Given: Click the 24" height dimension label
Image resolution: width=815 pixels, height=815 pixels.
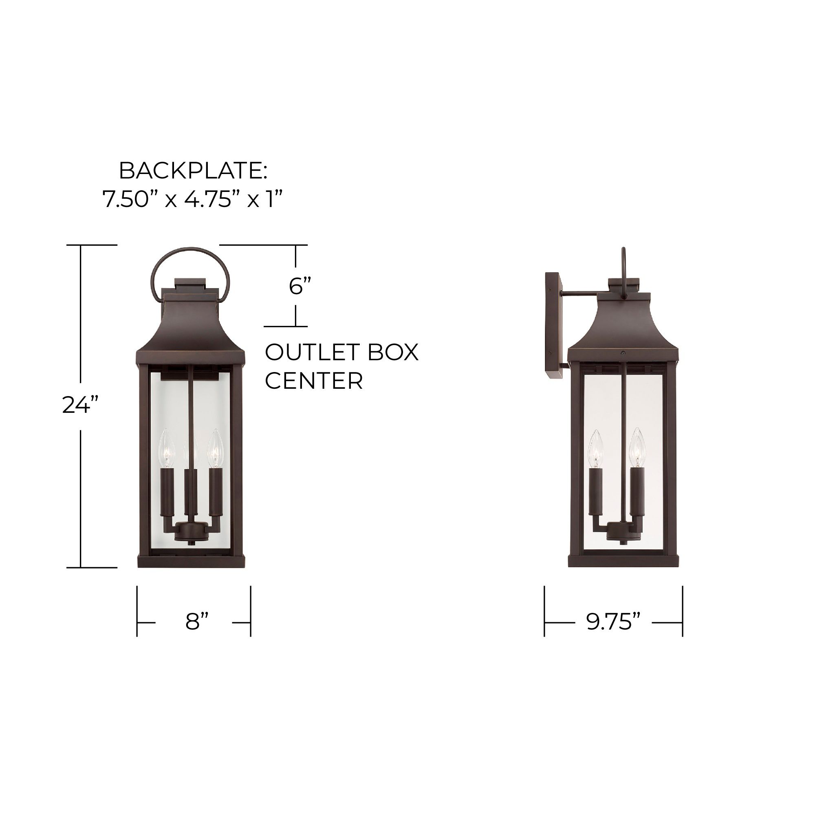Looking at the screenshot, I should (x=80, y=405).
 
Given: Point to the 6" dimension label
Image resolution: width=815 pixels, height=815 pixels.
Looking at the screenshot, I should (x=300, y=286).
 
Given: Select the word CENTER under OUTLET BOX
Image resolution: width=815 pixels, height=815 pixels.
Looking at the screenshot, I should (x=314, y=381).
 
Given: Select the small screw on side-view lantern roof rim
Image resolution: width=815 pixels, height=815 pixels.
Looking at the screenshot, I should (x=623, y=352).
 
